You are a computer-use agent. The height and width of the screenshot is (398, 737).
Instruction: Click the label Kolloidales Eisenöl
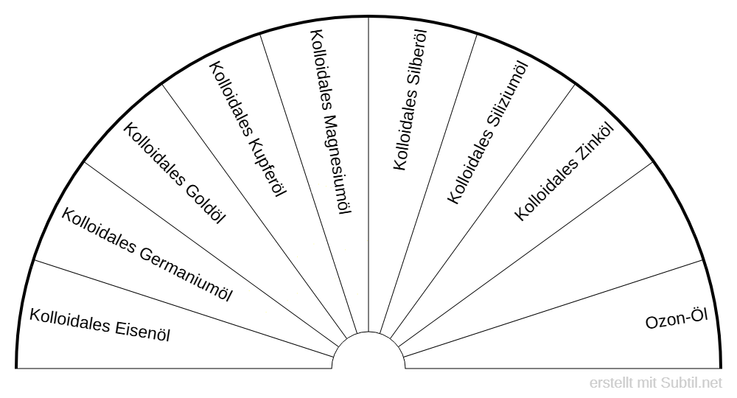tap(100, 324)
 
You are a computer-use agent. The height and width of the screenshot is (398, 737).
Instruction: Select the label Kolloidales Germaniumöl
tap(147, 255)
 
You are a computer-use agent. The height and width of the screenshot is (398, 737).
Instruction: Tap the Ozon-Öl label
tap(676, 321)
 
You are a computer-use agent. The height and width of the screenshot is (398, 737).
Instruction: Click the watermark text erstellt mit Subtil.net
tap(657, 383)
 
